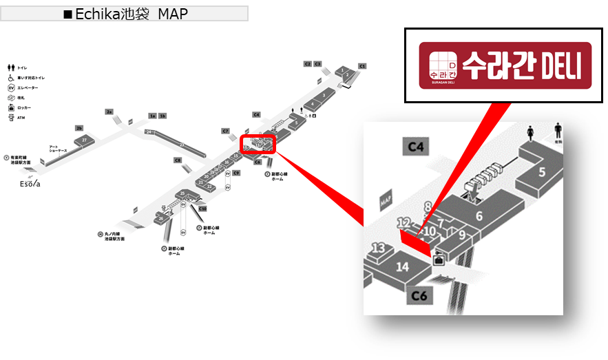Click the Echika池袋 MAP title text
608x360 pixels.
click(x=125, y=14)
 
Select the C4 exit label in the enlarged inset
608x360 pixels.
click(x=418, y=146)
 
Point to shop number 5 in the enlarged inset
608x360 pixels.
click(x=542, y=171)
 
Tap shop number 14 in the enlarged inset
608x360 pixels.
click(x=403, y=267)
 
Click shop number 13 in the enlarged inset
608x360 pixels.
click(x=379, y=248)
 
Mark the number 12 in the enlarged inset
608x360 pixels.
click(x=404, y=222)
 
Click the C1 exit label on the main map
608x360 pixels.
click(x=363, y=65)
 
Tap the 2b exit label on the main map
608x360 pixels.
click(x=79, y=128)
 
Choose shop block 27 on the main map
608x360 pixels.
click(x=84, y=139)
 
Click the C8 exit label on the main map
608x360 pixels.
click(x=178, y=160)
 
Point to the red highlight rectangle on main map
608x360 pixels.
click(x=258, y=143)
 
